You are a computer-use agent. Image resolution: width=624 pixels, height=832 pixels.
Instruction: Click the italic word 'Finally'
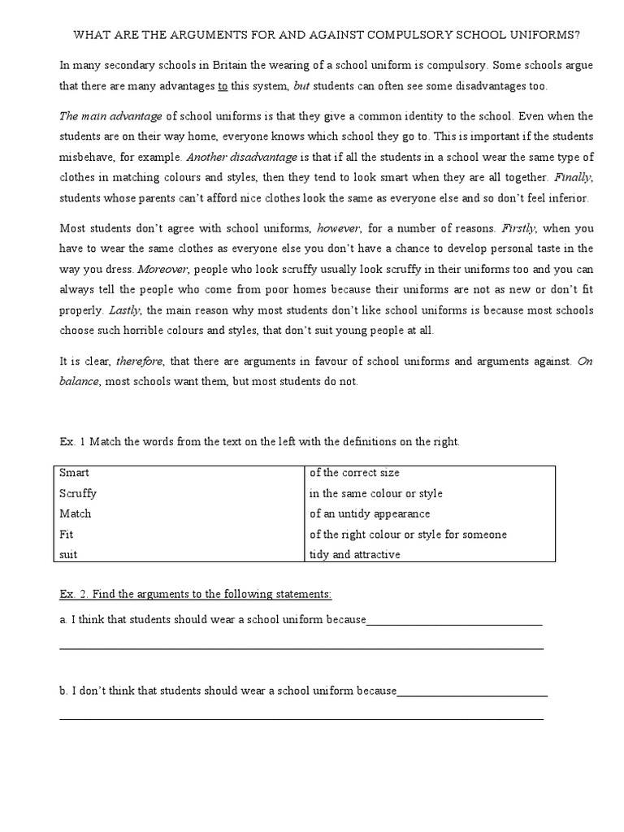point(572,177)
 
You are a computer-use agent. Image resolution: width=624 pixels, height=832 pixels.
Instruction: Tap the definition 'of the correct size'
point(355,473)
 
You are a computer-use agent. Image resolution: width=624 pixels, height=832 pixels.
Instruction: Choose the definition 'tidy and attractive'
point(355,555)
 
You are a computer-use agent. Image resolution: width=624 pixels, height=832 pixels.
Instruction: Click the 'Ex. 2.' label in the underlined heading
point(76,595)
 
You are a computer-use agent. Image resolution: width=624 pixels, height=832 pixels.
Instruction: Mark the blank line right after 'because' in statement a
point(454,623)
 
